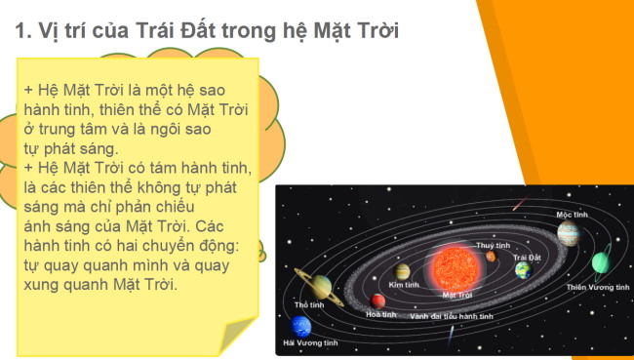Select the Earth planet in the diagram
[523, 269]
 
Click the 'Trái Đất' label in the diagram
[526, 256]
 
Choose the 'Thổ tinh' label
[308, 305]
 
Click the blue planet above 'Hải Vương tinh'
[301, 326]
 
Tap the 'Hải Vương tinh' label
[309, 343]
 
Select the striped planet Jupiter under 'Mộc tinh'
[568, 232]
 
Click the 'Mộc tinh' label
[572, 214]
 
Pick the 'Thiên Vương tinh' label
[597, 288]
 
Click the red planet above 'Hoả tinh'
[378, 300]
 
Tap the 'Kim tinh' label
[403, 284]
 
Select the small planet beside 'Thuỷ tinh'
[491, 257]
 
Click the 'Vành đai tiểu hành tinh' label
[451, 316]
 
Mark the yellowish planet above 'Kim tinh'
[402, 270]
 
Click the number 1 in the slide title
[21, 31]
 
